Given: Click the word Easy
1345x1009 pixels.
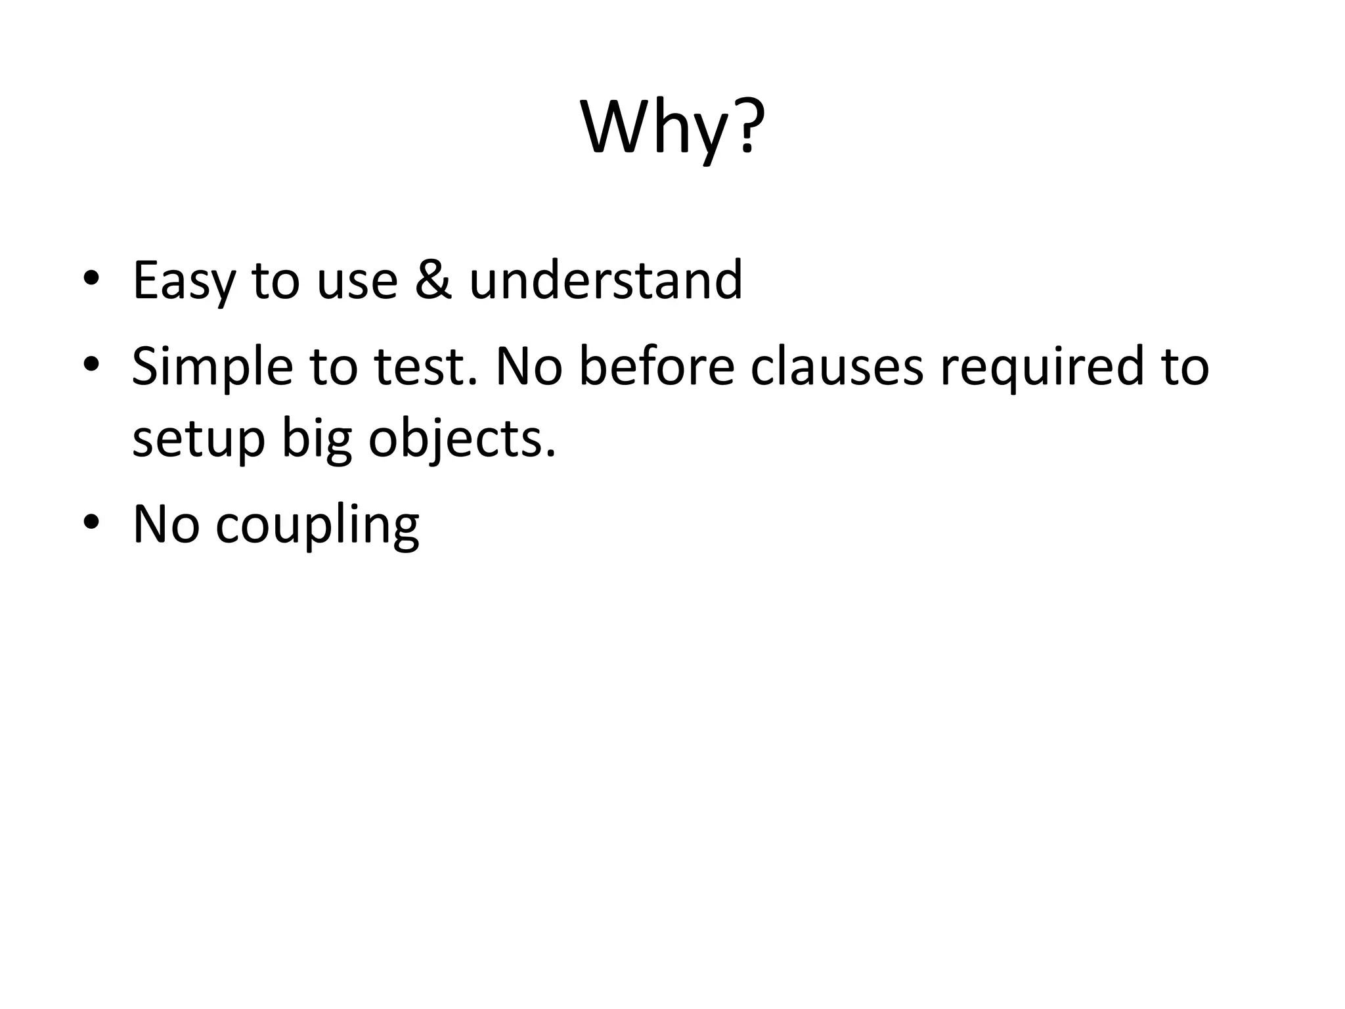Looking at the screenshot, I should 183,281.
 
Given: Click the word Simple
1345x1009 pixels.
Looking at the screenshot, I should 212,368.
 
